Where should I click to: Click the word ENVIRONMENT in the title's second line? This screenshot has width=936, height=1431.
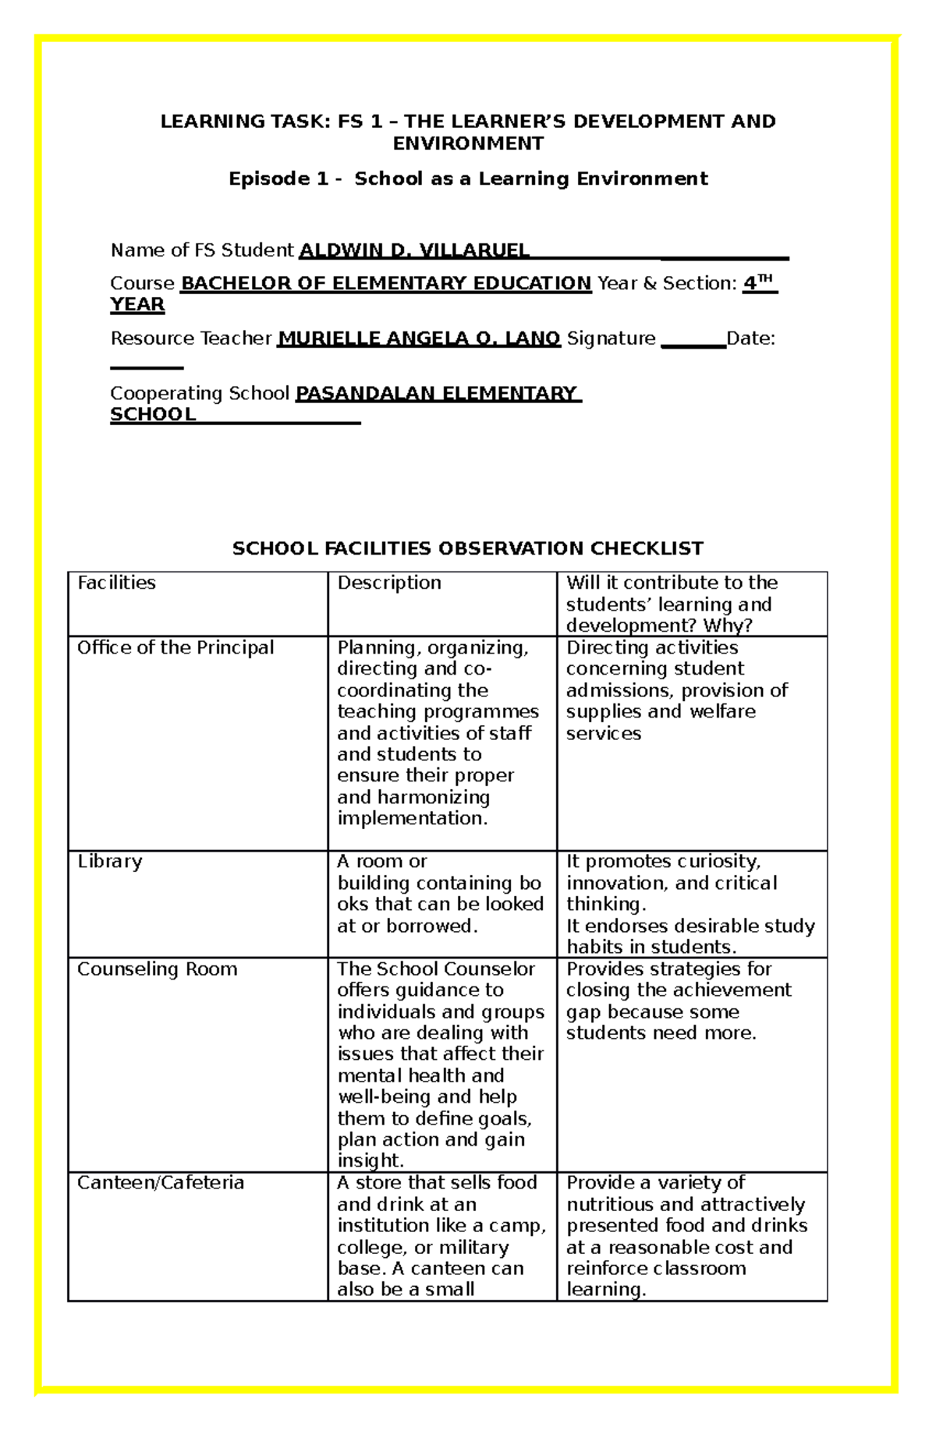(468, 143)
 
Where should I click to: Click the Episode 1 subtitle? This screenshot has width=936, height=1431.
(468, 179)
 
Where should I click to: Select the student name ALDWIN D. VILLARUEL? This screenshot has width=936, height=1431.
(414, 250)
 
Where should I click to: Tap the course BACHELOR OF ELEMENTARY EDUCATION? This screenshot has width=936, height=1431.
(386, 283)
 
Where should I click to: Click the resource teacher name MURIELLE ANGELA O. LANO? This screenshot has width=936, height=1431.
(419, 338)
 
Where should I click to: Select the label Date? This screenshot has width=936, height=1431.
(750, 338)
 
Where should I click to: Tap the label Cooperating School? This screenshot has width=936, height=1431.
(200, 393)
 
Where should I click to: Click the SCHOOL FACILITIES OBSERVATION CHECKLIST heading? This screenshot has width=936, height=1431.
(468, 548)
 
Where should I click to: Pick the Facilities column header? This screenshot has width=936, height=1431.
(116, 583)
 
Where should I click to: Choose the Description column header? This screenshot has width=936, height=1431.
(388, 583)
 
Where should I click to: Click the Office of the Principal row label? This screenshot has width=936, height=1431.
(175, 647)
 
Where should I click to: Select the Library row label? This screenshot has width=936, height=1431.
(109, 861)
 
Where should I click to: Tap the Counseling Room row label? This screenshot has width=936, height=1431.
(157, 969)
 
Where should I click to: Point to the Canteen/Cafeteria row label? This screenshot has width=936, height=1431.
(160, 1182)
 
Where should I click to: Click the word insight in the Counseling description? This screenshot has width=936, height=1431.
(369, 1160)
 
